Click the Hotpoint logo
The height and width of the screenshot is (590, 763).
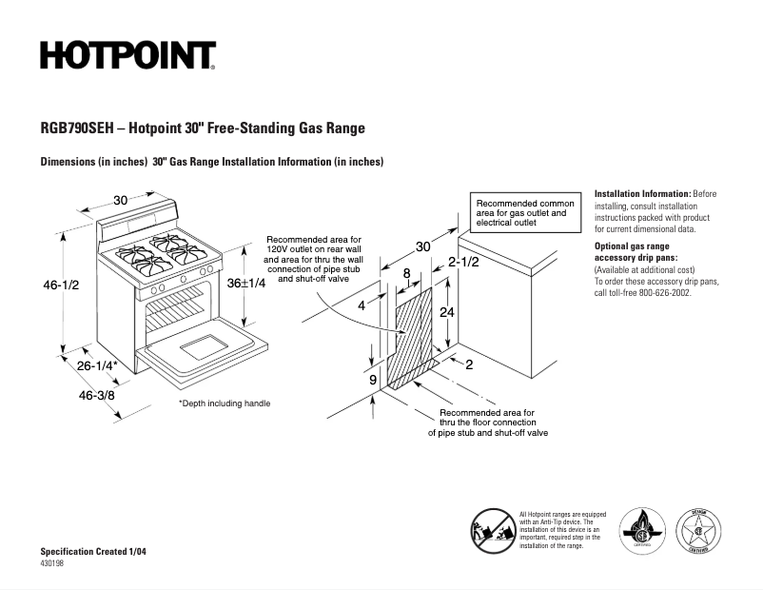pyautogui.click(x=127, y=56)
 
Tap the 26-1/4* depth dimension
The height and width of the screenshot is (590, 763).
pyautogui.click(x=97, y=365)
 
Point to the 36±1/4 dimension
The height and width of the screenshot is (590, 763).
pyautogui.click(x=245, y=282)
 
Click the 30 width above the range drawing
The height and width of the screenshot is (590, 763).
pyautogui.click(x=121, y=200)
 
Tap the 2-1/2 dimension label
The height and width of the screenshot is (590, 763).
pyautogui.click(x=463, y=262)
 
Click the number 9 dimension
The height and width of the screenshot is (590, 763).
pyautogui.click(x=373, y=380)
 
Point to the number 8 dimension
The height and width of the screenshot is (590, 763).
pyautogui.click(x=407, y=273)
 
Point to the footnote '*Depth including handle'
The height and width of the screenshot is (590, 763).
pyautogui.click(x=225, y=403)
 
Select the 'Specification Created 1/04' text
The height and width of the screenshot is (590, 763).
pyautogui.click(x=93, y=552)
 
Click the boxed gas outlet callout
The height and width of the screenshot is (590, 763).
pyautogui.click(x=525, y=213)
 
